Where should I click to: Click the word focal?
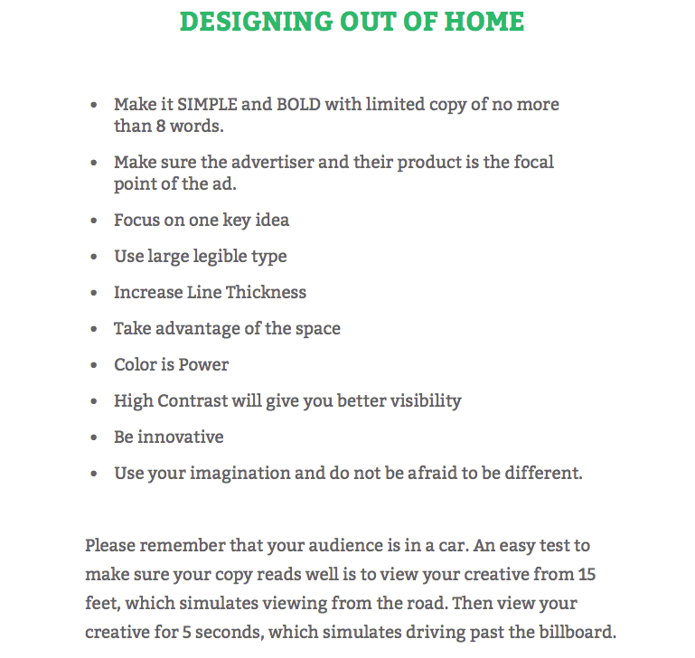[531, 162]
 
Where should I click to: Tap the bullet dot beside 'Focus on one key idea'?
[94, 221]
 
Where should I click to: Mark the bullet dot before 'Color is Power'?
[94, 365]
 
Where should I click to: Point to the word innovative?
[181, 437]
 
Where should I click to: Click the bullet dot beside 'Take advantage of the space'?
[94, 329]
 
